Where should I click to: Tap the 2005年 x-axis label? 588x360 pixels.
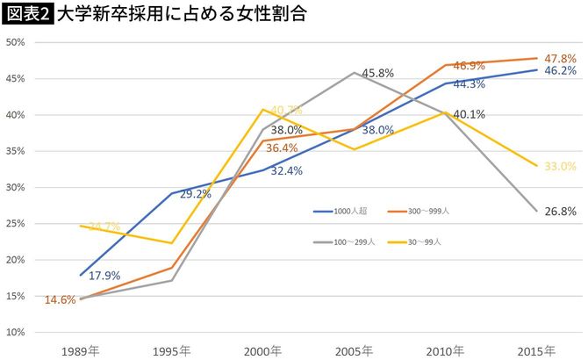click(x=353, y=350)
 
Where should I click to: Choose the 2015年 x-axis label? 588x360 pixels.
click(x=537, y=350)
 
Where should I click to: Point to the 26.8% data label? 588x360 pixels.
click(x=560, y=212)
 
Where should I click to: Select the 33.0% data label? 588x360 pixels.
click(x=560, y=166)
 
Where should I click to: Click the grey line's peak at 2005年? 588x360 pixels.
click(x=353, y=72)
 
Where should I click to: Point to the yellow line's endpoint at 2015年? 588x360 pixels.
click(x=537, y=166)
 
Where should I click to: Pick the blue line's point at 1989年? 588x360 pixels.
click(x=81, y=275)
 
